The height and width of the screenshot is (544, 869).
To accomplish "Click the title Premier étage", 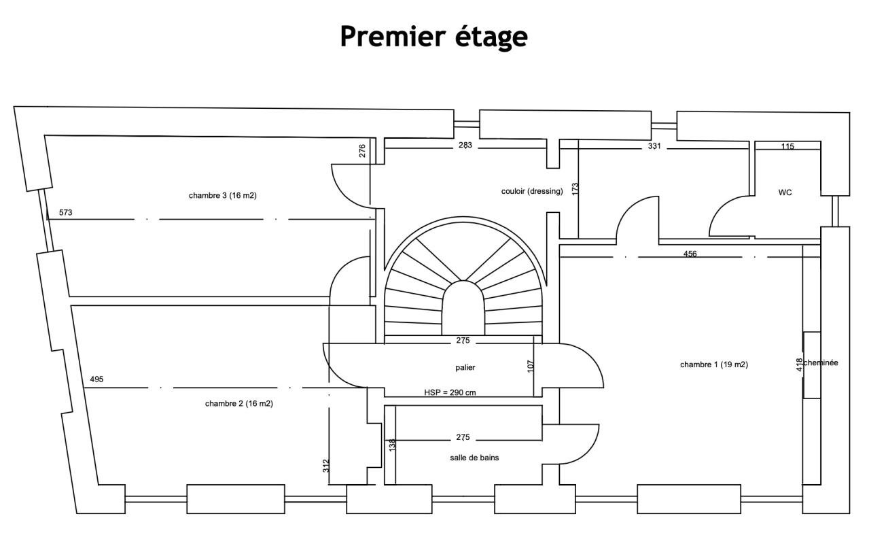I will click(433, 37).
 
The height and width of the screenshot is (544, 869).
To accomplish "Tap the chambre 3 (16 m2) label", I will click(222, 195).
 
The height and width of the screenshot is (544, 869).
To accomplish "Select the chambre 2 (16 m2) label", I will click(238, 403).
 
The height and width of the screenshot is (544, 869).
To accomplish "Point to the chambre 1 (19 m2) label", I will click(713, 364).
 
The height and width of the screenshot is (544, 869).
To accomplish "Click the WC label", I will click(785, 192).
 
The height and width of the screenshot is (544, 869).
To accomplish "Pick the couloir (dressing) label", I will click(532, 191).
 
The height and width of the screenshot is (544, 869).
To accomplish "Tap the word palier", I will click(465, 367).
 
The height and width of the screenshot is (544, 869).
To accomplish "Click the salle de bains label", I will click(474, 458).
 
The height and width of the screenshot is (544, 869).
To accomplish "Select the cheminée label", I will click(821, 363).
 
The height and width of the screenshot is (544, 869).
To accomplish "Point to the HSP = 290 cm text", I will click(449, 392).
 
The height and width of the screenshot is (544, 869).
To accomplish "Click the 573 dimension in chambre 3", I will click(65, 213).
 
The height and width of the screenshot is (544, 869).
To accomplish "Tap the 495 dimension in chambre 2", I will click(96, 379).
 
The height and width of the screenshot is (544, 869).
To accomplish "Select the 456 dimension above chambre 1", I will click(690, 254).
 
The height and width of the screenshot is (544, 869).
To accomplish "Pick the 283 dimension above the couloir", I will click(465, 146).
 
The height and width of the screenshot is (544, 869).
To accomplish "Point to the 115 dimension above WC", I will click(787, 146).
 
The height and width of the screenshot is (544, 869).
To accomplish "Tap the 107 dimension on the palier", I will click(531, 365).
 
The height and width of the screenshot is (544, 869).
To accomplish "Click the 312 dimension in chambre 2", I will click(326, 466).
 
